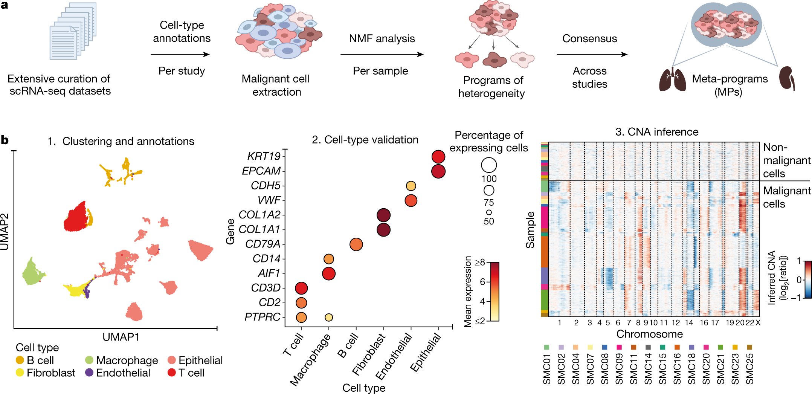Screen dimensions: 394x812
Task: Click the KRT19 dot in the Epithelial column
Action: pos(438,156)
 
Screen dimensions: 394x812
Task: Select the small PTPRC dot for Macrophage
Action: pos(329,318)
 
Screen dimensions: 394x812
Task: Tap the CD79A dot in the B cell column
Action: pos(356,244)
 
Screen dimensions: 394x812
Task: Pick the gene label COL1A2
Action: pos(259,215)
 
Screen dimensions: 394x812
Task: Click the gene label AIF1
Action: pos(269,273)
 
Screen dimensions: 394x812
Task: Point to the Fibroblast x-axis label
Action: pos(369,354)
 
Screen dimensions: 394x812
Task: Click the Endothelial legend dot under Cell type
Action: pos(89,373)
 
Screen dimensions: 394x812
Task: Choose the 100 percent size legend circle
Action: pos(489,165)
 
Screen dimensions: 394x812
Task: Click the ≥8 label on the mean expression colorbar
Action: pos(480,263)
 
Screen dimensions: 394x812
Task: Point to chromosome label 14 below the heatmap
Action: pos(689,323)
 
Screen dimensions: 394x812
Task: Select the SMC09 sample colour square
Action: pos(619,347)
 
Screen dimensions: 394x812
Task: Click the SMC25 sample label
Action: pos(749,369)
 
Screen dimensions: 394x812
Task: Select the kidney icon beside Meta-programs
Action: pos(787,78)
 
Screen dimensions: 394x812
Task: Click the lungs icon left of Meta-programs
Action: pos(672,79)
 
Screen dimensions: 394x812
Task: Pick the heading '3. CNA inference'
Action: pos(656,132)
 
